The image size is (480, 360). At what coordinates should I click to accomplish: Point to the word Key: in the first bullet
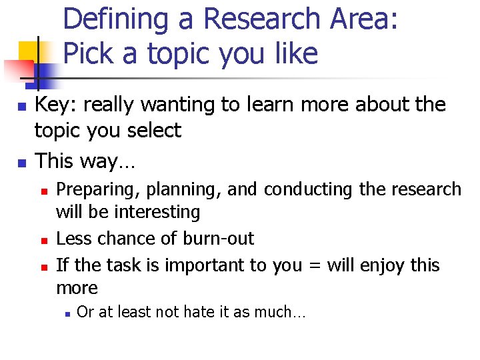53,105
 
